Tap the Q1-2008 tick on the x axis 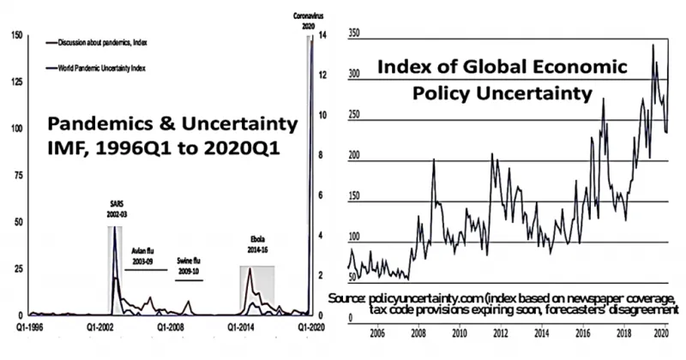click(x=171, y=327)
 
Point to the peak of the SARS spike click(x=115, y=231)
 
